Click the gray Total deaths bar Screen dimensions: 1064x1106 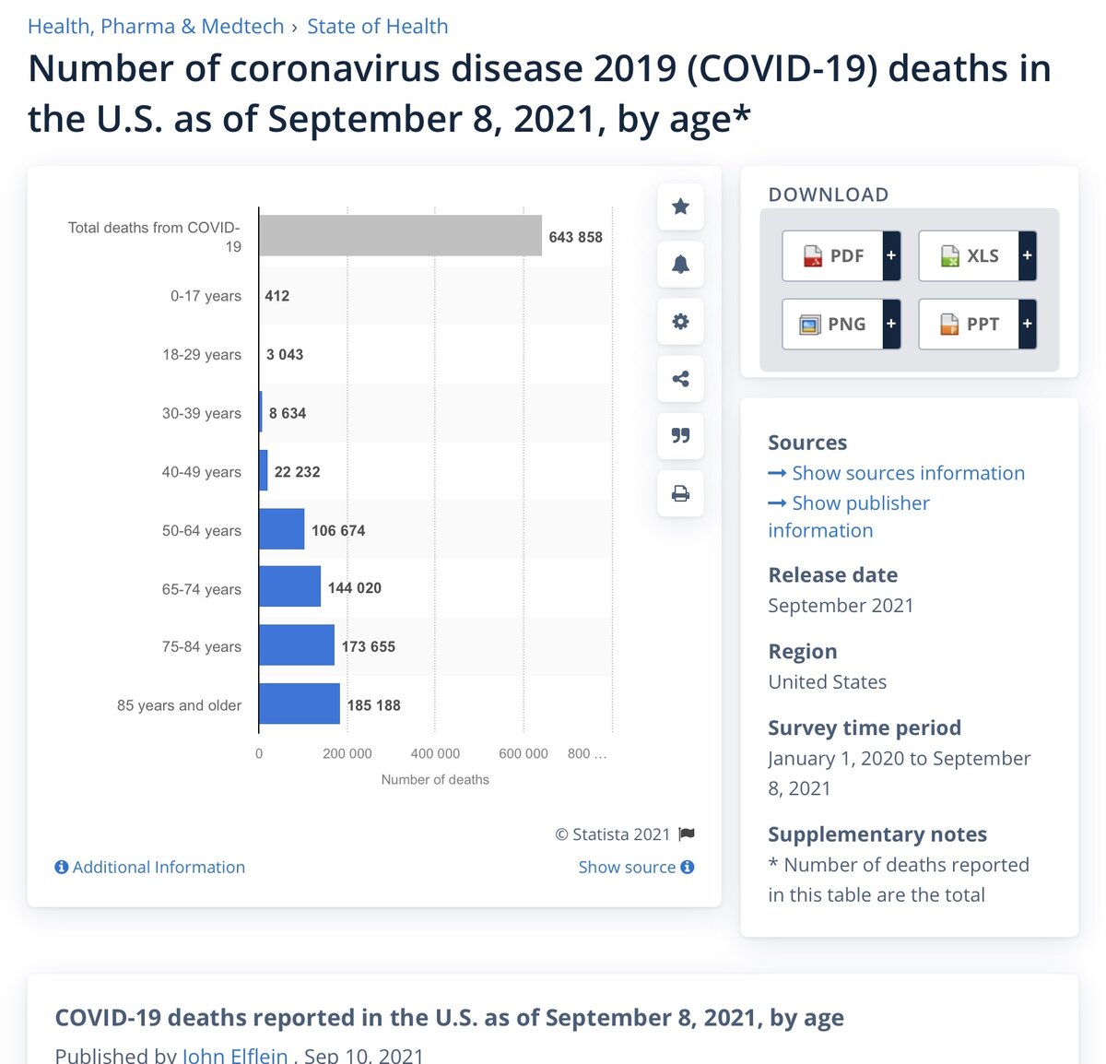pyautogui.click(x=400, y=236)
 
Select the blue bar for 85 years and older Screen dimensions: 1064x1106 pyautogui.click(x=300, y=704)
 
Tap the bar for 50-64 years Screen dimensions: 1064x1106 pyautogui.click(x=282, y=529)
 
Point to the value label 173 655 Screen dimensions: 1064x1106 pyautogui.click(x=369, y=647)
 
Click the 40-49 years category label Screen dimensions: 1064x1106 pyautogui.click(x=201, y=472)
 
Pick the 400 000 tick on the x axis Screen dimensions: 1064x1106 pyautogui.click(x=435, y=754)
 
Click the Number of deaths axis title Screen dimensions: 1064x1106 pyautogui.click(x=435, y=780)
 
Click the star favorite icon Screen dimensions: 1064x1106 pyautogui.click(x=680, y=207)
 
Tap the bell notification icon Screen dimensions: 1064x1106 pyautogui.click(x=680, y=265)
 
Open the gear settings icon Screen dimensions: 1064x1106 pyautogui.click(x=680, y=322)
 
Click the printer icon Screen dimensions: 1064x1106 pyautogui.click(x=680, y=493)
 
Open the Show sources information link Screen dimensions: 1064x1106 pyautogui.click(x=907, y=473)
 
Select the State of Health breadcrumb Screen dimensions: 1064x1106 pyautogui.click(x=378, y=27)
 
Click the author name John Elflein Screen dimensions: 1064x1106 pyautogui.click(x=235, y=1055)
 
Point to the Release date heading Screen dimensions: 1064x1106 pyautogui.click(x=832, y=575)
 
